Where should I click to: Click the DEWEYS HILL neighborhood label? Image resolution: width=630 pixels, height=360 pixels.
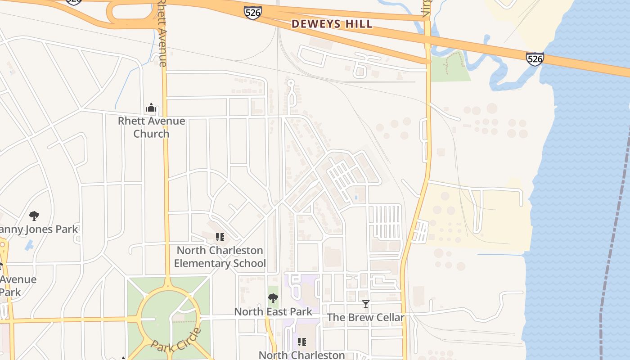(x=332, y=24)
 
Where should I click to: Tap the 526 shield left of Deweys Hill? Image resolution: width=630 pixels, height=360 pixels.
(x=253, y=12)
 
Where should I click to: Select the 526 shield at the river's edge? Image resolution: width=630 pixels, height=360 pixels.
(x=535, y=59)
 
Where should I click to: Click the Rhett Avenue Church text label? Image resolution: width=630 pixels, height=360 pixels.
(x=151, y=127)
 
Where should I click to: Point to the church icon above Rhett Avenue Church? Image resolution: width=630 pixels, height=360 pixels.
(x=151, y=108)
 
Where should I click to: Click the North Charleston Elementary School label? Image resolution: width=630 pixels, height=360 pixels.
(x=220, y=256)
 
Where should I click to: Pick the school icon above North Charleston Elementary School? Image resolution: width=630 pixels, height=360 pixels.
(x=220, y=237)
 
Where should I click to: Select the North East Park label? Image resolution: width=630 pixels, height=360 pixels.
(x=273, y=311)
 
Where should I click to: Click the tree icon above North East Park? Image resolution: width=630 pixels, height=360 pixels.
(x=273, y=298)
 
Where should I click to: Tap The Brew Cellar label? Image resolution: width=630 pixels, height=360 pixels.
(x=365, y=317)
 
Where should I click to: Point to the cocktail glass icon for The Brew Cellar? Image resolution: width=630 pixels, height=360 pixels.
(x=365, y=305)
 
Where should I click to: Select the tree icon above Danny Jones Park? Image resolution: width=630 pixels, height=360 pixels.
(x=34, y=216)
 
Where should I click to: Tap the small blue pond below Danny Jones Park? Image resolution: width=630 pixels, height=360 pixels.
(x=29, y=245)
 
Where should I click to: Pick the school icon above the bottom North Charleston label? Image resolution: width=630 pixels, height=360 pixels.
(x=301, y=342)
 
